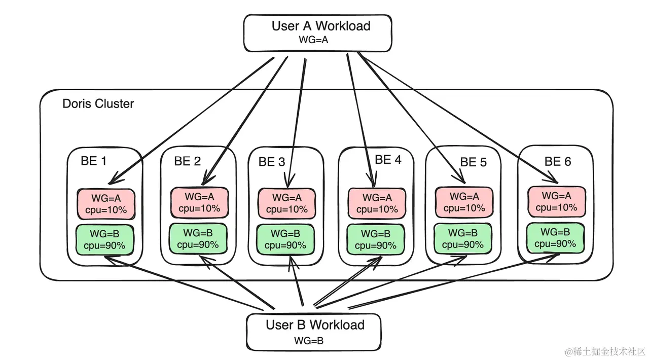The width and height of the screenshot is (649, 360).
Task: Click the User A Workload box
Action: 318,32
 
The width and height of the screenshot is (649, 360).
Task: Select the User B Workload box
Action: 314,332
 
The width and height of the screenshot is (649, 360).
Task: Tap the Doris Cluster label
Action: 98,104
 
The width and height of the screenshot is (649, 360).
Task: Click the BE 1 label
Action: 93,161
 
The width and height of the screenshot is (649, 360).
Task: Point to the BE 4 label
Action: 388,160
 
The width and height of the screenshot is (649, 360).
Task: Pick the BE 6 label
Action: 557,162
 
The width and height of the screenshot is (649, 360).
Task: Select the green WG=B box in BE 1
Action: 104,239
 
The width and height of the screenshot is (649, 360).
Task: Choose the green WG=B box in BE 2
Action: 198,238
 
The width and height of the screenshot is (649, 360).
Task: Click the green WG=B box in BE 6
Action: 556,237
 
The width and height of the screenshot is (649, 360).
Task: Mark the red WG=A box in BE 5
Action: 463,202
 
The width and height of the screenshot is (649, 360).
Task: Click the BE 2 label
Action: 187,162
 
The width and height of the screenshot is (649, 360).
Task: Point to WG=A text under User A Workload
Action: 314,41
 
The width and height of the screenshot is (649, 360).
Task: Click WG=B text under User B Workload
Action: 309,341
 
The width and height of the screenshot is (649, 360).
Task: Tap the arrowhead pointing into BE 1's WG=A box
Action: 112,180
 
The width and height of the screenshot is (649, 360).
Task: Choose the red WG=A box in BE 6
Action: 557,201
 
